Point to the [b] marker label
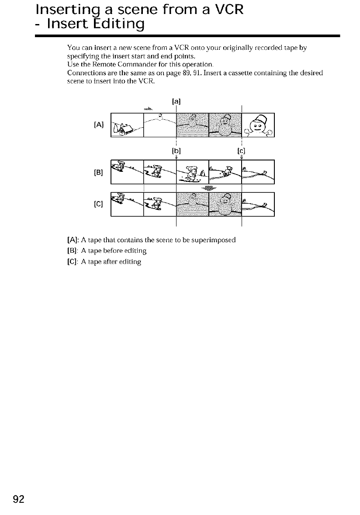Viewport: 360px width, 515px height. point(176,151)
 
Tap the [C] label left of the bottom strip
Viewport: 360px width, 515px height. point(98,204)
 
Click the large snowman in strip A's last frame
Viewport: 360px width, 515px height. point(259,125)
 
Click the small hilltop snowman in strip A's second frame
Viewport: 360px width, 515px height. point(160,116)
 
